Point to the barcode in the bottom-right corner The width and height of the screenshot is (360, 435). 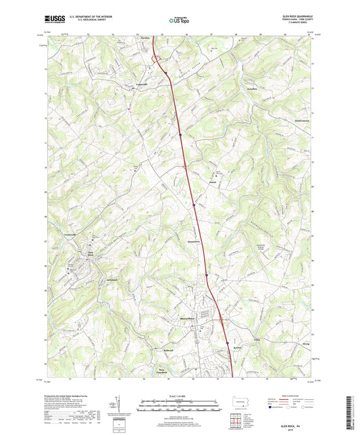[351, 413]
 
